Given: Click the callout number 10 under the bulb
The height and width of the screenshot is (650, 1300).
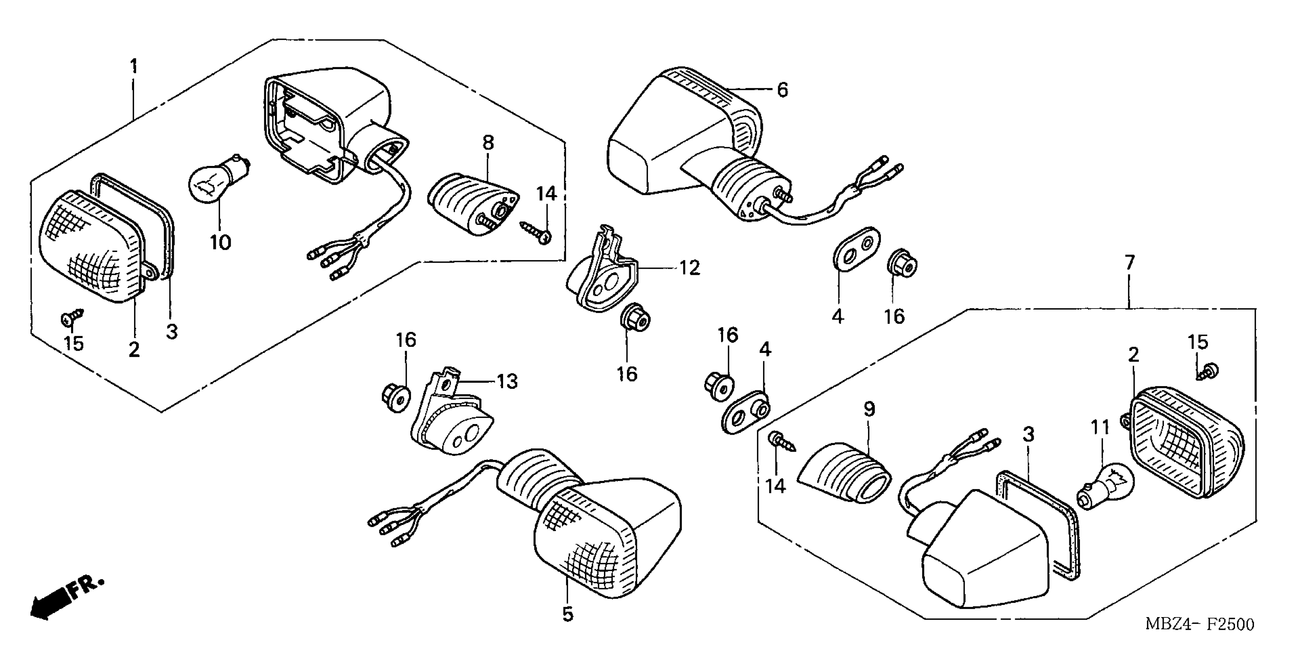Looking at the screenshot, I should point(220,243).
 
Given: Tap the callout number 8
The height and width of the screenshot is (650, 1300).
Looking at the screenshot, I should point(487,143).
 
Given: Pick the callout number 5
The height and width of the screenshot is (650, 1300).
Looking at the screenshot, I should point(568,614).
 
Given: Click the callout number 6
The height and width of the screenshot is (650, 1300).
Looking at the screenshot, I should point(782,90).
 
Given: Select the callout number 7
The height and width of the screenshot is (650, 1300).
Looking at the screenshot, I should point(1129,263).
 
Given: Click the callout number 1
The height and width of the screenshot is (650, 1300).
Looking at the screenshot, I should point(134,66).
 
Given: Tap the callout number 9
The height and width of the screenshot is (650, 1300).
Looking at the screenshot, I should point(869,409).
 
